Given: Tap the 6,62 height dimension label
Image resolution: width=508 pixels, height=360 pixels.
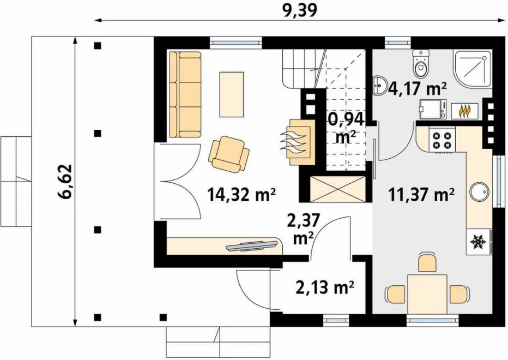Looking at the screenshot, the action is (x=64, y=182).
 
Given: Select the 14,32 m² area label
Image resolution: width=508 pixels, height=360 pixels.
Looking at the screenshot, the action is (x=241, y=194).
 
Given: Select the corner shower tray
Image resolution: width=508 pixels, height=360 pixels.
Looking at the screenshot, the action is (x=471, y=69).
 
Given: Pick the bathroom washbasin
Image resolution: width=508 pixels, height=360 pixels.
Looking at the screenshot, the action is (x=379, y=85).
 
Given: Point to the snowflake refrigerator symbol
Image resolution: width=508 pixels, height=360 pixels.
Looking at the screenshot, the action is (x=479, y=242).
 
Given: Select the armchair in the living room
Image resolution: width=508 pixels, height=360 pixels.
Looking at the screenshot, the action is (x=229, y=154).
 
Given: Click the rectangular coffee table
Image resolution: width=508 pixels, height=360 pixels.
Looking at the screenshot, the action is (x=232, y=94).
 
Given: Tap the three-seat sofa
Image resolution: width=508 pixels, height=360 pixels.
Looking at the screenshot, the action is (x=185, y=94).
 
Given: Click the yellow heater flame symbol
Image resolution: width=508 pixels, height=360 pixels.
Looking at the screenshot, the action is (x=464, y=111).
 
